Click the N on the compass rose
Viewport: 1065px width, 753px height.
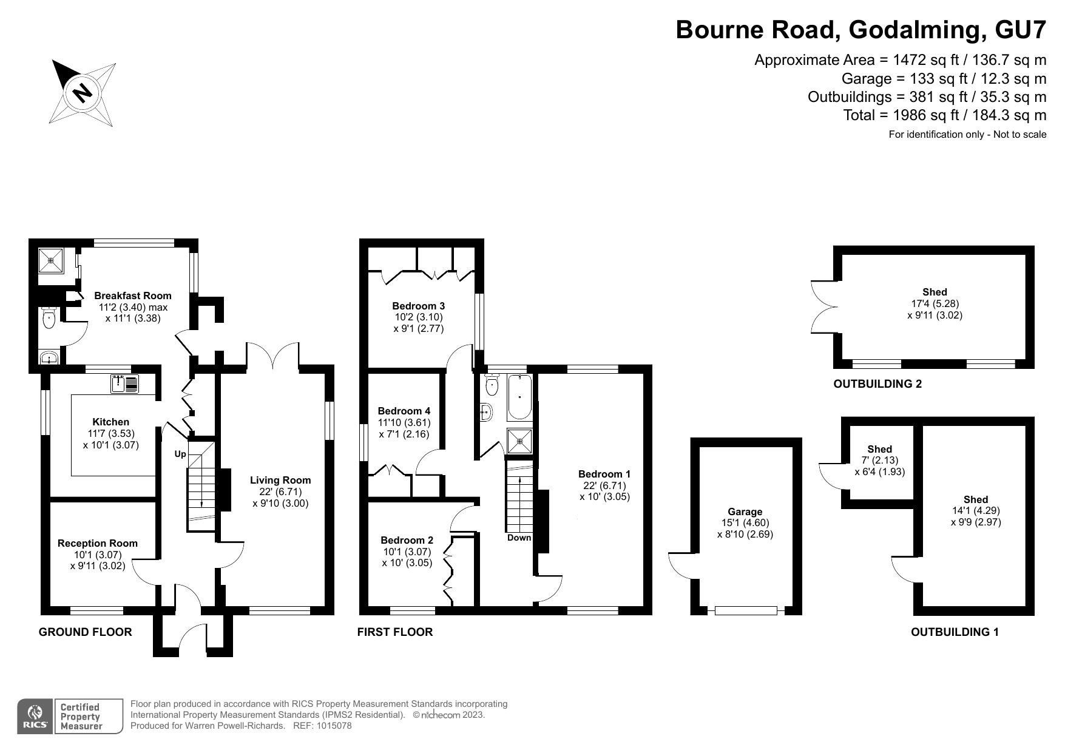tap(83, 93)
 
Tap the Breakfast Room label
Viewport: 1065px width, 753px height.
tap(132, 295)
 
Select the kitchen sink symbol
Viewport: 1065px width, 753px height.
tap(125, 383)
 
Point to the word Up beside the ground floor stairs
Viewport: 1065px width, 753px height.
tap(180, 454)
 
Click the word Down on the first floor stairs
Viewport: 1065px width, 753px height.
tap(519, 538)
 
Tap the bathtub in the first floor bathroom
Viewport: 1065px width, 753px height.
tap(520, 397)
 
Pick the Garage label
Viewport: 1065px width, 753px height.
tap(745, 512)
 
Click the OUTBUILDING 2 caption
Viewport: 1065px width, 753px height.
tap(877, 383)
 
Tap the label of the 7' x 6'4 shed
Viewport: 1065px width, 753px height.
tap(879, 449)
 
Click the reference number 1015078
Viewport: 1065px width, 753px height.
tap(331, 726)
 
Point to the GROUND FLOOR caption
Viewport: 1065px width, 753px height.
tap(85, 632)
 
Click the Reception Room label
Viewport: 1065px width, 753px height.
tap(97, 543)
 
